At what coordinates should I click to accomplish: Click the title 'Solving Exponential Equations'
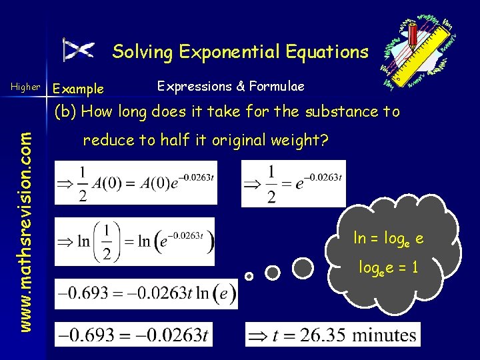coord(240,51)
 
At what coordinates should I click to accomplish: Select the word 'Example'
coord(78,89)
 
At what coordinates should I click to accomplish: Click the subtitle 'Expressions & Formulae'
coord(230,86)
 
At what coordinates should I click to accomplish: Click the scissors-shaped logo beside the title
coord(79,50)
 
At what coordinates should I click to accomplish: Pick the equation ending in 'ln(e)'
coord(145,294)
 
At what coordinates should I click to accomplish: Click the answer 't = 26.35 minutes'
coord(333,334)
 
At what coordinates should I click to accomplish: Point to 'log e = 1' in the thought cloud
coord(388,268)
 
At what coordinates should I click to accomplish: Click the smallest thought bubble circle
coord(249,275)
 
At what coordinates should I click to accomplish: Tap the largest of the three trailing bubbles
coord(303,268)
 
